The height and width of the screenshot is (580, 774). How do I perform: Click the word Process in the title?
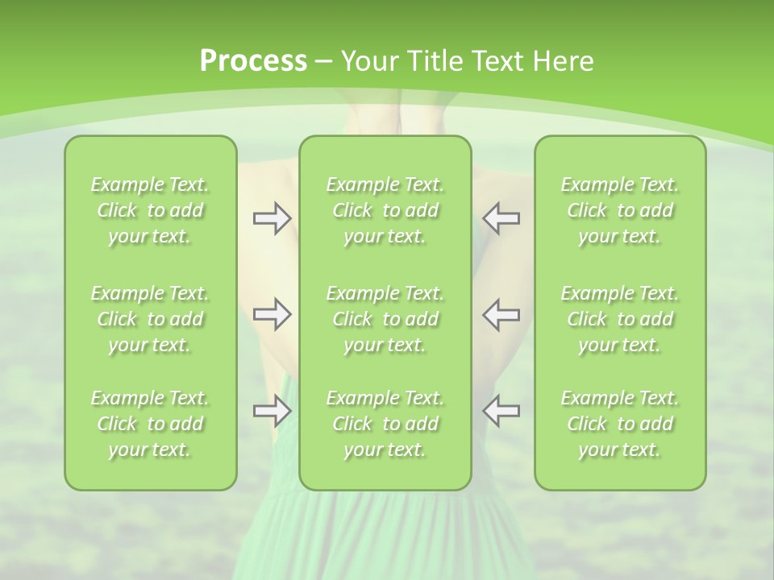(253, 61)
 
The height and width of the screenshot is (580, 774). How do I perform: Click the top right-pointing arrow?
(272, 218)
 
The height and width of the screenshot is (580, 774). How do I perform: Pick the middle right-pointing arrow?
(272, 314)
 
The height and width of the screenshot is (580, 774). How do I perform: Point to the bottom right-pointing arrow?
(272, 411)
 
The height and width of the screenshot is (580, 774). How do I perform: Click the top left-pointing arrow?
(501, 218)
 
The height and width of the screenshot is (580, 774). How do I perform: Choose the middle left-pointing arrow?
(501, 314)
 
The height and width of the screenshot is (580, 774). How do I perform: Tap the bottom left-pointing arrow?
(501, 411)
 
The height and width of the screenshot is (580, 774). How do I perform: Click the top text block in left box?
(150, 210)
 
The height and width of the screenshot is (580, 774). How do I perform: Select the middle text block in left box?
(150, 319)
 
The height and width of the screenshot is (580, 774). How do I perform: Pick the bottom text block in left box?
(150, 424)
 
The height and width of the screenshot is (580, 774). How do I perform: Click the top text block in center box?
(385, 210)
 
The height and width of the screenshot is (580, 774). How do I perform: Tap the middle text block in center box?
(385, 319)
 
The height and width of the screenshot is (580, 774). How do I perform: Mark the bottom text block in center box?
(385, 424)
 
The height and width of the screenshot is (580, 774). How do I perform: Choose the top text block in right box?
(620, 210)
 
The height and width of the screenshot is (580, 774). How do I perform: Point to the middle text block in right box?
(620, 319)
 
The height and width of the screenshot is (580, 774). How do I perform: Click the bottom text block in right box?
(620, 424)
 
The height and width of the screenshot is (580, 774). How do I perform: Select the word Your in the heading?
(370, 61)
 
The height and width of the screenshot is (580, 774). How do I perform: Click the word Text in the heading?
(496, 61)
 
